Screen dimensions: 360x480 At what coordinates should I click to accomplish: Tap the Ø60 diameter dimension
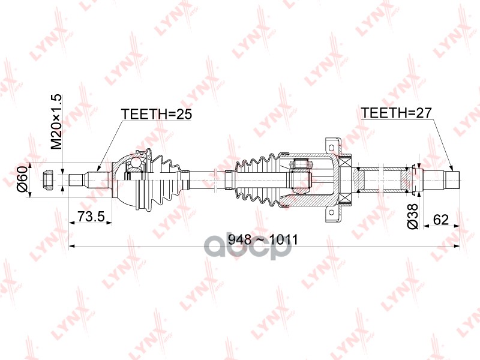22,179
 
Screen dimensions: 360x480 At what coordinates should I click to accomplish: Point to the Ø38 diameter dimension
412,218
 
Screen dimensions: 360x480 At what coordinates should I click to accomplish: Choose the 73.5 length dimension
91,216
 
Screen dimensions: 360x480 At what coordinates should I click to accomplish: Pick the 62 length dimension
441,219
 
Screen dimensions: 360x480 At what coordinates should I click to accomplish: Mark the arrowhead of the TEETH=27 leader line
451,168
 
